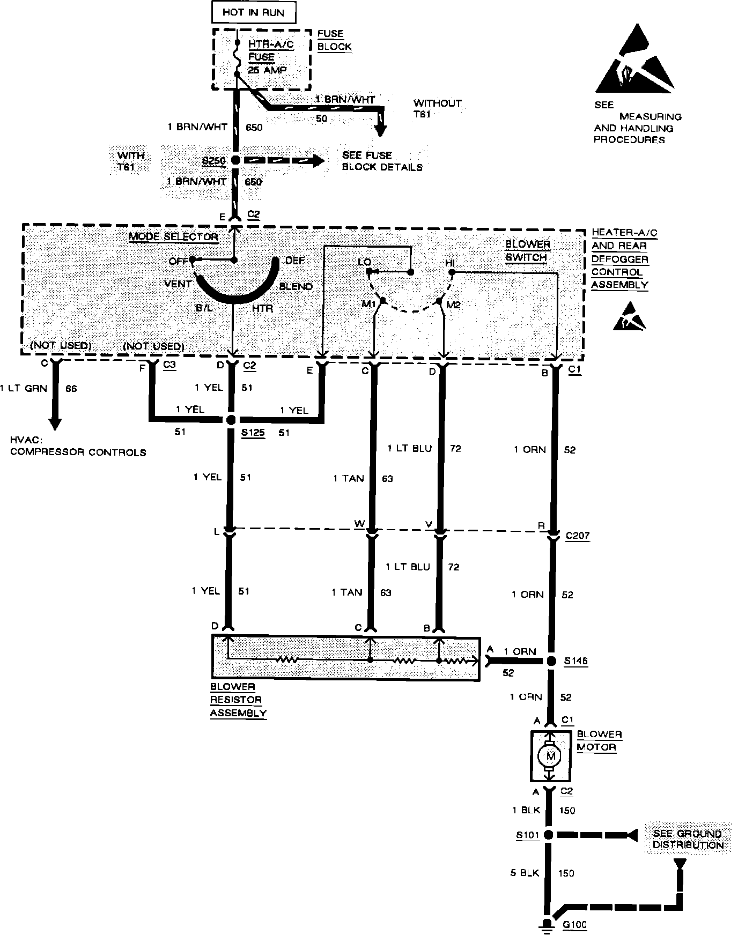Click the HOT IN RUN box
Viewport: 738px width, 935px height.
253,12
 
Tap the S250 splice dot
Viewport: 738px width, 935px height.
235,160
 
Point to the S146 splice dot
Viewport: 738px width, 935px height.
551,661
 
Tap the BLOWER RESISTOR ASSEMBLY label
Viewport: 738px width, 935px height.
238,700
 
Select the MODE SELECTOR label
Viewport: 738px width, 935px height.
173,237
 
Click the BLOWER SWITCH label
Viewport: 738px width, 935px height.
528,251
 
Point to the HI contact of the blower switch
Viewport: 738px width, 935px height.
452,272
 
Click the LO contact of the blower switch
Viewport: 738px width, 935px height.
368,272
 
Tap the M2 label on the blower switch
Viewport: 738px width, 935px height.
454,305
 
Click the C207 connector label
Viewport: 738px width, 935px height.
577,535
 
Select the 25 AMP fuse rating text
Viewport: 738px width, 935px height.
267,70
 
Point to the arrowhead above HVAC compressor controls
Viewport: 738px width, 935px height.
55,423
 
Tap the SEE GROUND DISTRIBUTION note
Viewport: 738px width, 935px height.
688,839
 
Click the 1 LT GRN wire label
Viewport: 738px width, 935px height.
24,389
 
